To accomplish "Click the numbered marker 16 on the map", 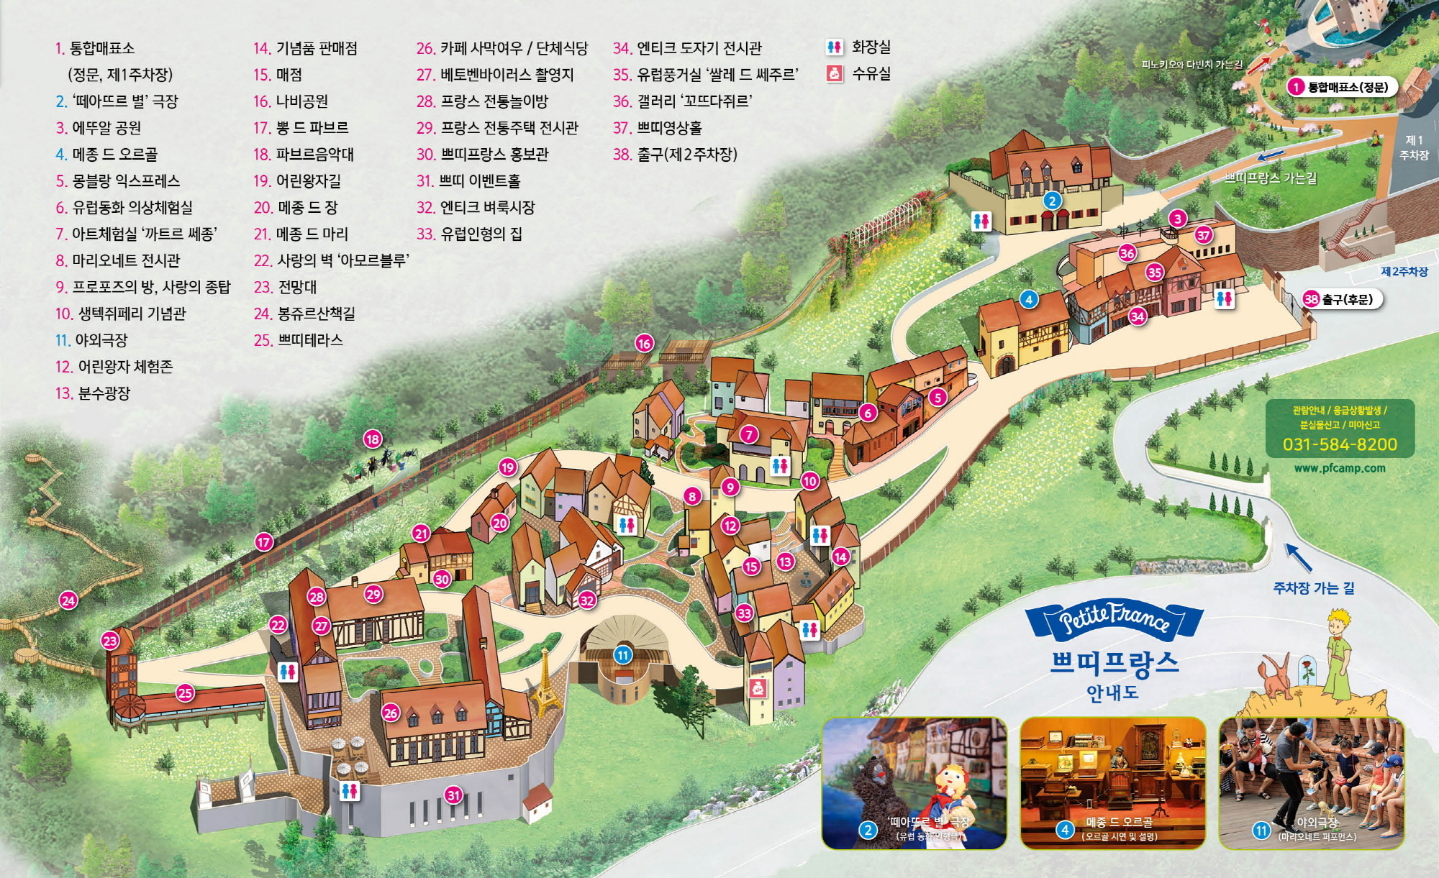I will pyautogui.click(x=644, y=343).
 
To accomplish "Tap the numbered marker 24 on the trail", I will pyautogui.click(x=68, y=600).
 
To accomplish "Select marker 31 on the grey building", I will pyautogui.click(x=453, y=795).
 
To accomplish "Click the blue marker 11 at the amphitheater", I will pyautogui.click(x=623, y=655).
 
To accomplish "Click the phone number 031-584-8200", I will pyautogui.click(x=1340, y=444).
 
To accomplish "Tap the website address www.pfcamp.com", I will pyautogui.click(x=1340, y=468).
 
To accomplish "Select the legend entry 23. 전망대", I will pyautogui.click(x=286, y=288).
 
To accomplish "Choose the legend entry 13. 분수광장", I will pyautogui.click(x=93, y=393).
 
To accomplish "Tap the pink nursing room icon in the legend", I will pyautogui.click(x=835, y=73).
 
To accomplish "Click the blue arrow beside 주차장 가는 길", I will pyautogui.click(x=1299, y=557).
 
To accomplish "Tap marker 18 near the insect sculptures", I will pyautogui.click(x=373, y=439).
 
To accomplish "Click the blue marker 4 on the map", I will pyautogui.click(x=1029, y=299).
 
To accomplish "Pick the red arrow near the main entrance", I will pyautogui.click(x=1258, y=65).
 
